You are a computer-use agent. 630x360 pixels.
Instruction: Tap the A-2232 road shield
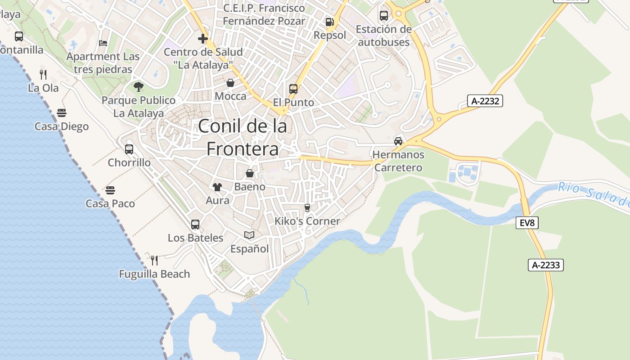(485, 101)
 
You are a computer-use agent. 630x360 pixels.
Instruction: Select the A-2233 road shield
(545, 265)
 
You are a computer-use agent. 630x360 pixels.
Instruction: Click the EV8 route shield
(527, 222)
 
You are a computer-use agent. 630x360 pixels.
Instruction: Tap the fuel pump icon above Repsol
(330, 22)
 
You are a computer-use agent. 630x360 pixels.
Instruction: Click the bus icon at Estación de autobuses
(384, 16)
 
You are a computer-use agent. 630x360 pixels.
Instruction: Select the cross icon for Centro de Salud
(203, 39)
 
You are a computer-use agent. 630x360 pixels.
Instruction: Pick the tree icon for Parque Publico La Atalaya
(139, 86)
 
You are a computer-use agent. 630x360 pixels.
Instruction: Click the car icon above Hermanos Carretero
(398, 141)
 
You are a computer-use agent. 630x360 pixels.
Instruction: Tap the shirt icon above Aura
(217, 187)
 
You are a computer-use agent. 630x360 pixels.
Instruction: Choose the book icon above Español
(249, 235)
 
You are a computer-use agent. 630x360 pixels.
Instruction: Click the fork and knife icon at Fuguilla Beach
(154, 260)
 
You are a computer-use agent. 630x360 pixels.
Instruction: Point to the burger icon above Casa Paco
(110, 190)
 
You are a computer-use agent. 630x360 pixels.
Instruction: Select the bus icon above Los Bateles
(195, 224)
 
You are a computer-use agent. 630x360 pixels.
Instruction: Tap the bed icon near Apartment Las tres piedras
(103, 43)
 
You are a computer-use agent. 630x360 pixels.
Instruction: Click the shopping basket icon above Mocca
(230, 83)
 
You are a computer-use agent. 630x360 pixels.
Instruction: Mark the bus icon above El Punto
(293, 89)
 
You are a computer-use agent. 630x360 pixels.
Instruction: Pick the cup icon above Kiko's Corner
(307, 207)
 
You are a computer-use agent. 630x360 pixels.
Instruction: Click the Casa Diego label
(62, 126)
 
